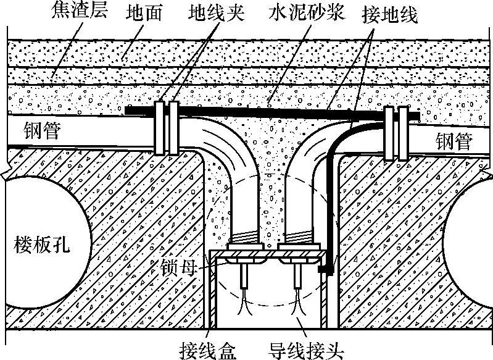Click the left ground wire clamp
coord(166,127)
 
